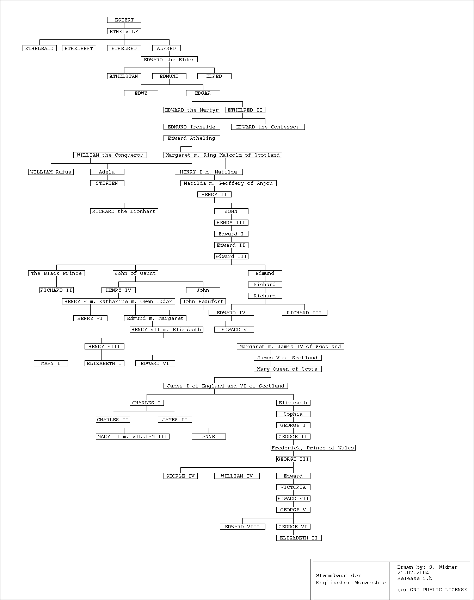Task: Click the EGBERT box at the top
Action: click(x=124, y=20)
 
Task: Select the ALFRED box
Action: click(x=166, y=48)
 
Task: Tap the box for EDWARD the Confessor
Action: click(x=268, y=127)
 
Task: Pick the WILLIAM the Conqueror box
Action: click(x=110, y=155)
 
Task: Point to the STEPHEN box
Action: click(x=107, y=183)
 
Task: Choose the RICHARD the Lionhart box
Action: click(x=124, y=211)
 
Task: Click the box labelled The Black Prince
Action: click(x=56, y=273)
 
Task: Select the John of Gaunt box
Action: click(x=135, y=273)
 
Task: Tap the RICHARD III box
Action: click(x=304, y=313)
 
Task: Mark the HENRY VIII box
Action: click(x=104, y=347)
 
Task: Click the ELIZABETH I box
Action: click(x=104, y=364)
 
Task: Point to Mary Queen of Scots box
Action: click(x=288, y=369)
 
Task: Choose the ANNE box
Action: click(x=209, y=437)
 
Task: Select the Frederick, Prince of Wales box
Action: click(x=313, y=448)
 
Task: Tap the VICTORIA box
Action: click(x=293, y=487)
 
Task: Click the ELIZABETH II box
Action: click(x=299, y=538)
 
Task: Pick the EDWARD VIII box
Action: click(x=242, y=527)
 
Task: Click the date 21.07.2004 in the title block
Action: click(x=413, y=573)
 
